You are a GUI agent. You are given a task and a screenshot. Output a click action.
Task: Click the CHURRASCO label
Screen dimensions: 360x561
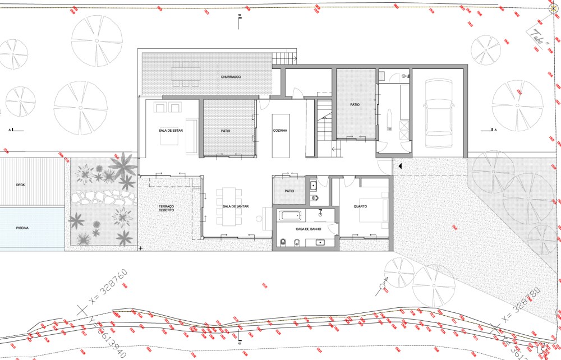(231, 76)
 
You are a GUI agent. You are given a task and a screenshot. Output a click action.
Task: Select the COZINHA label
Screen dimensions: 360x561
(280, 130)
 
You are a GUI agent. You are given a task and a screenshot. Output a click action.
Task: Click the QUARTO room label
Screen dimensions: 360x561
(360, 207)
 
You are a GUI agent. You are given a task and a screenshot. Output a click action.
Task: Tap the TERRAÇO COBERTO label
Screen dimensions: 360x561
(166, 208)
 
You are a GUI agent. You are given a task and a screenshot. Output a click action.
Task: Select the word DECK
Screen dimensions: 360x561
(20, 184)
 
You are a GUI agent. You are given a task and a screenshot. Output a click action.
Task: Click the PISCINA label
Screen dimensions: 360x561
(22, 228)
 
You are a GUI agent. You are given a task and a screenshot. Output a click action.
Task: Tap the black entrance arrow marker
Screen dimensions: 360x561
(400, 166)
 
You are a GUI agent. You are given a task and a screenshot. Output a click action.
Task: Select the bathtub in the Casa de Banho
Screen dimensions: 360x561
(290, 215)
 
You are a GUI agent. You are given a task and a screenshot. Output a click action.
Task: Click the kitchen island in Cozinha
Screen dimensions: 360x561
(280, 136)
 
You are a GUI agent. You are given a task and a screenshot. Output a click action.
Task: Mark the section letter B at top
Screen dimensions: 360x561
(240, 16)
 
